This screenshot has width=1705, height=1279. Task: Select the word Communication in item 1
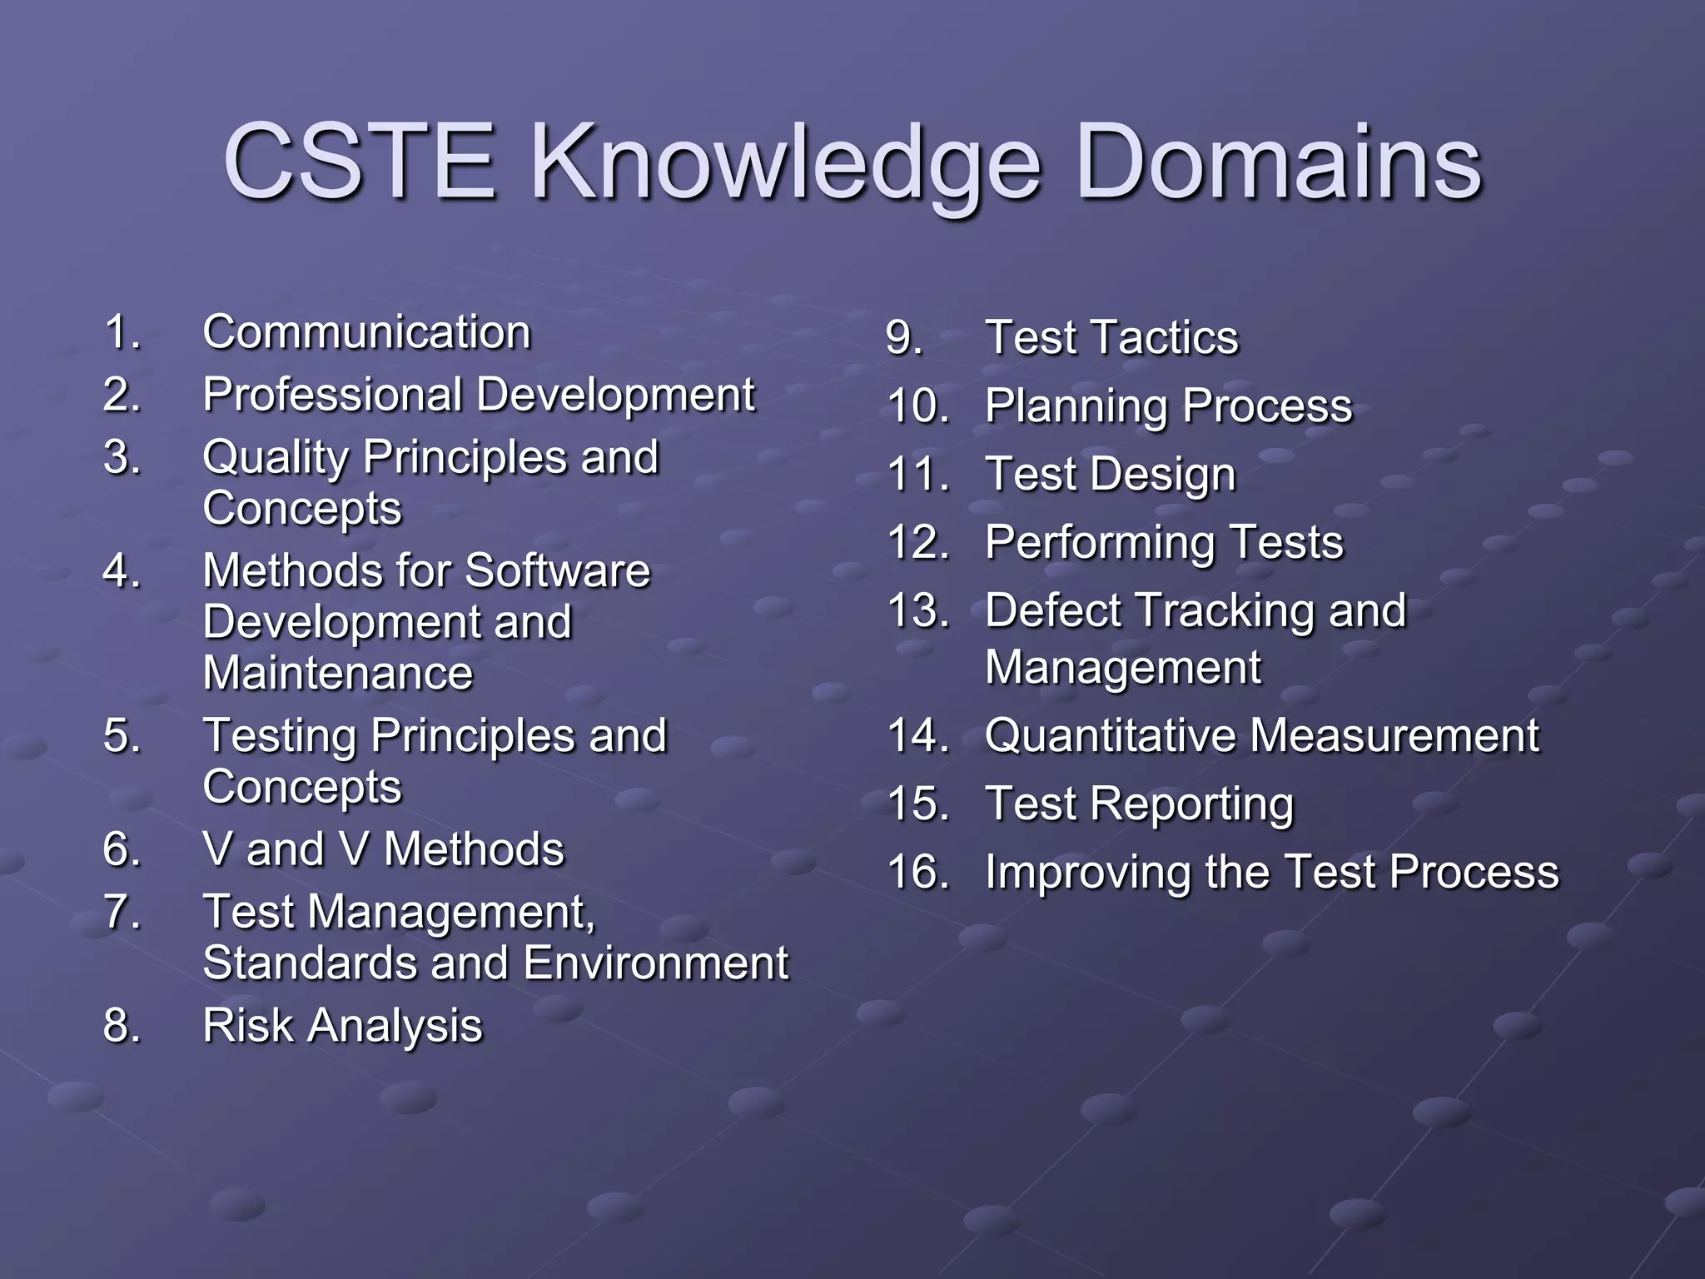366,332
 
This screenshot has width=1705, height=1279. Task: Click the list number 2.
122,394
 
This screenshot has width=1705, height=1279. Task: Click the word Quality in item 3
276,457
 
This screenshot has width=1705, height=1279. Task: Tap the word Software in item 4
557,570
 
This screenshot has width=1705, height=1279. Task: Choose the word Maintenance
337,673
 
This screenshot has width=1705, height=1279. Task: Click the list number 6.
122,849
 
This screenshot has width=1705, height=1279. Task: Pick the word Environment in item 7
655,963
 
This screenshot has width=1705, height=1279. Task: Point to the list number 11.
917,475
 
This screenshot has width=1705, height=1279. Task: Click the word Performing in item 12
1100,542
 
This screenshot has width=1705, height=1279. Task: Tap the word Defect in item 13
1052,610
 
